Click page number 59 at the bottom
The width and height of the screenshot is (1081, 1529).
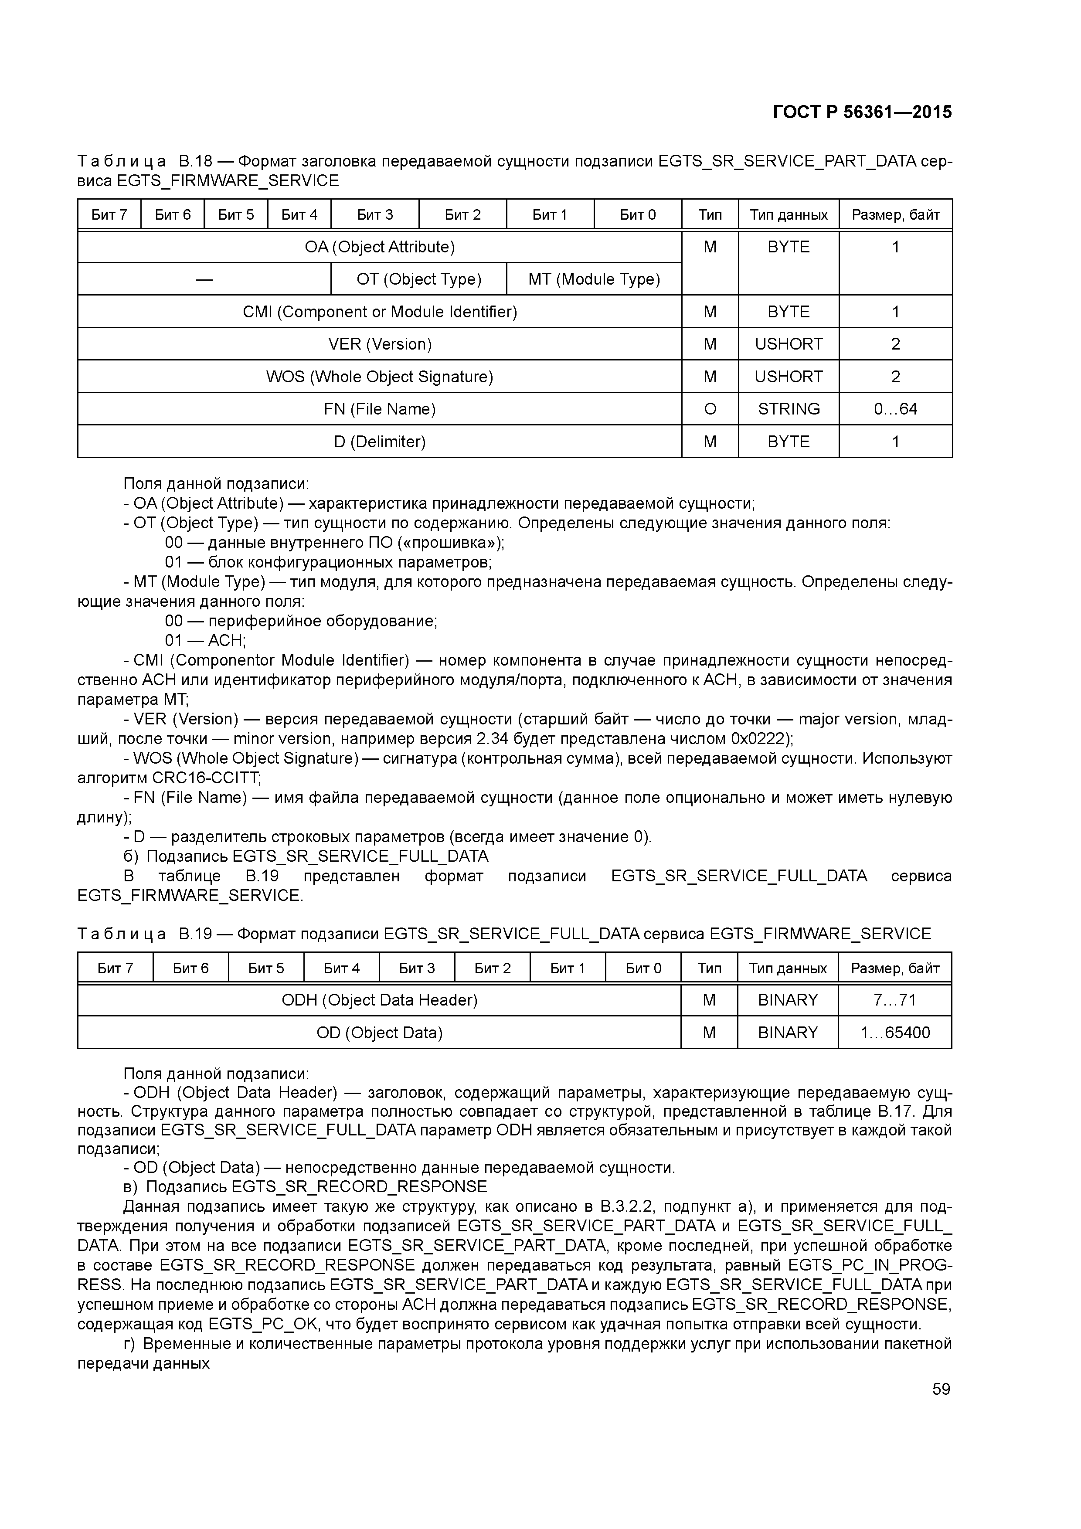(941, 1389)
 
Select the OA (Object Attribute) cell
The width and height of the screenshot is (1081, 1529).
(380, 247)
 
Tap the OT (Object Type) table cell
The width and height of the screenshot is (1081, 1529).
(418, 279)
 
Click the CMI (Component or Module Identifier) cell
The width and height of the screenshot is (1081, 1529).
(380, 312)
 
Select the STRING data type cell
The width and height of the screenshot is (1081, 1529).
(788, 409)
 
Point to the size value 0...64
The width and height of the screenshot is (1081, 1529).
(895, 409)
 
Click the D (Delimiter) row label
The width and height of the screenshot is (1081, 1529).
(380, 442)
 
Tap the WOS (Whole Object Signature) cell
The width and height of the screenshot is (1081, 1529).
(380, 377)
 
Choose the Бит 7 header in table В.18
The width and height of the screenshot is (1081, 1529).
(109, 214)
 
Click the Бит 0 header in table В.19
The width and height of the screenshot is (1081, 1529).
(643, 968)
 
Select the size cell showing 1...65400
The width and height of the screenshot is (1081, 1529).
(894, 1033)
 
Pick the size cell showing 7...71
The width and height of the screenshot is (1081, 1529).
(894, 1000)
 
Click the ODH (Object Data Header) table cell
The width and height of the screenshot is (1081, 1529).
(380, 1000)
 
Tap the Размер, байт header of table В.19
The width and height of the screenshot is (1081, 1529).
(894, 968)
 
